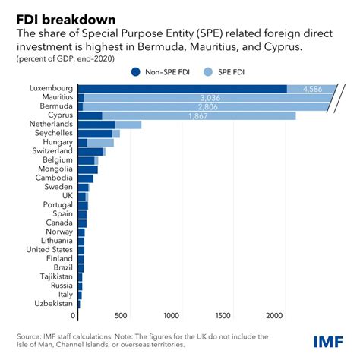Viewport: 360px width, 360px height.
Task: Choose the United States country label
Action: click(49, 249)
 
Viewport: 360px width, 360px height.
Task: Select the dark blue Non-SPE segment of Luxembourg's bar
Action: click(182, 89)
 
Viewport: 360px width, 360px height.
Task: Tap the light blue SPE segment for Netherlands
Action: click(128, 125)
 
